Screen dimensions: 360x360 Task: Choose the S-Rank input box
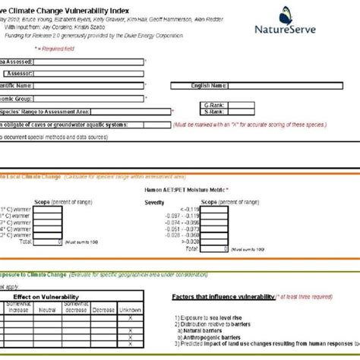pyautogui.click(x=261, y=112)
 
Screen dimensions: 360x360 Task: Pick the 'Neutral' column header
pyautogui.click(x=47, y=309)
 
